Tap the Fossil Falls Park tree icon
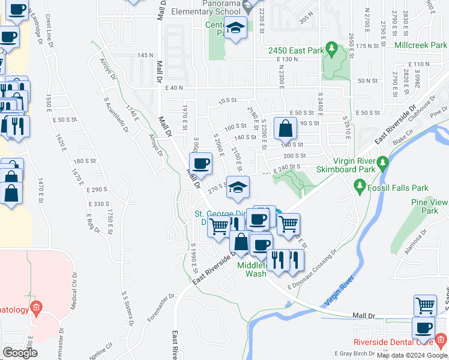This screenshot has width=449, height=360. tap(360, 187)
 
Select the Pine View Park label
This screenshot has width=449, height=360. tap(430, 206)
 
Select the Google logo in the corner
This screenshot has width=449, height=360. tap(20, 353)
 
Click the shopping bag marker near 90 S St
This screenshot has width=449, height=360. tap(285, 128)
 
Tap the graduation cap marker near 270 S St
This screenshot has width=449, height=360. tap(238, 187)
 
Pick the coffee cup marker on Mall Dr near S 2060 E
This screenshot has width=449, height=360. tap(201, 162)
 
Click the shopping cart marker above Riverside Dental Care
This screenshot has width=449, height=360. tap(425, 305)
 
